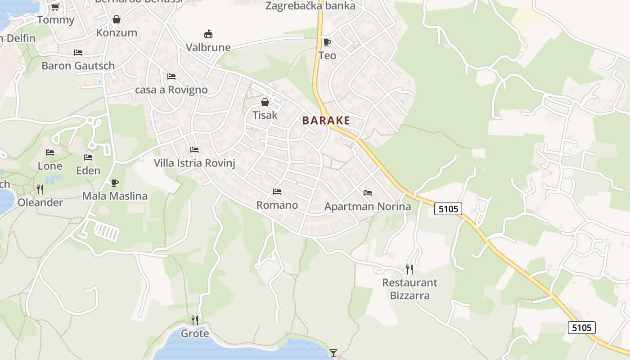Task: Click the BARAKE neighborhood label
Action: click(x=326, y=121)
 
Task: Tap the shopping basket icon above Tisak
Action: click(x=265, y=102)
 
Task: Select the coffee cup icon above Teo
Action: click(x=327, y=43)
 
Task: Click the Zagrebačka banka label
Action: click(x=310, y=6)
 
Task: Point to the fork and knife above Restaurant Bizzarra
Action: click(x=409, y=270)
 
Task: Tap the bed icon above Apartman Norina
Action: click(x=368, y=193)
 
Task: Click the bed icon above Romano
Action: click(x=277, y=192)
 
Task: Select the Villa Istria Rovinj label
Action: click(x=194, y=163)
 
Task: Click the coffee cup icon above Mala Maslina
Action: click(x=115, y=183)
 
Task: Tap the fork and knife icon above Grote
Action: click(x=195, y=320)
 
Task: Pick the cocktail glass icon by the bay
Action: click(x=333, y=353)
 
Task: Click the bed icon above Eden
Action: click(x=88, y=157)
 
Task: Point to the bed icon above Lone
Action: click(x=50, y=153)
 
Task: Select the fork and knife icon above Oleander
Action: click(x=40, y=189)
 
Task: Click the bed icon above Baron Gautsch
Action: click(x=78, y=53)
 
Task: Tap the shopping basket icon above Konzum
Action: click(x=117, y=19)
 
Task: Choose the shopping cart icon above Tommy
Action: click(x=55, y=7)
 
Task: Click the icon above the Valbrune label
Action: click(x=208, y=34)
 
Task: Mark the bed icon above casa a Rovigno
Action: click(x=171, y=76)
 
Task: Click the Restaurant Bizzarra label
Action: click(x=409, y=289)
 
